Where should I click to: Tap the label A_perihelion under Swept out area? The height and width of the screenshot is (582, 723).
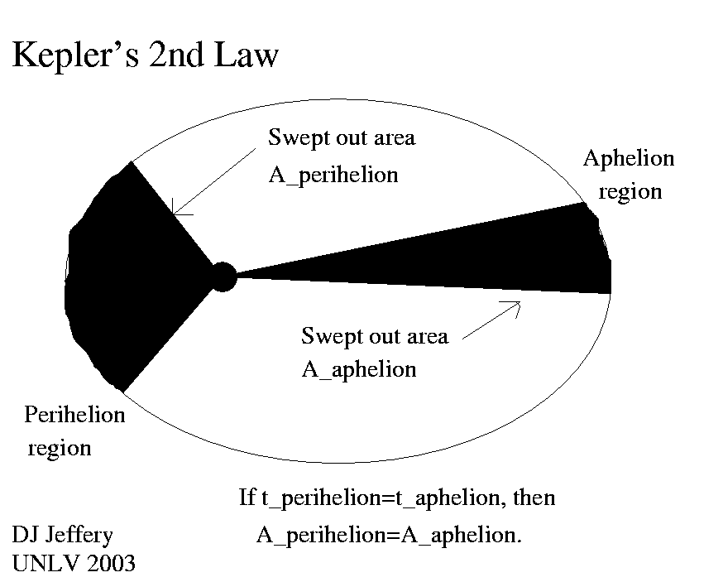[x=333, y=175]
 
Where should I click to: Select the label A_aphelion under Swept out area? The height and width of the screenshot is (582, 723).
[x=358, y=369]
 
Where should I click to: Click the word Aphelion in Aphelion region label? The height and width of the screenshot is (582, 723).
[x=629, y=159]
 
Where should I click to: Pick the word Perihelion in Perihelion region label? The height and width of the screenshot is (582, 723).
[x=74, y=414]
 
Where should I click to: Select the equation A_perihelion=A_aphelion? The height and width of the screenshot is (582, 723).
[x=389, y=535]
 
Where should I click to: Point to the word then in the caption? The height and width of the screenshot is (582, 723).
[x=534, y=498]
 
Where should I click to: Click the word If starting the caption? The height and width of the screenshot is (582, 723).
[x=247, y=498]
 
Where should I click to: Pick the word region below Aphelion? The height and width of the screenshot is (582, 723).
[x=630, y=192]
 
